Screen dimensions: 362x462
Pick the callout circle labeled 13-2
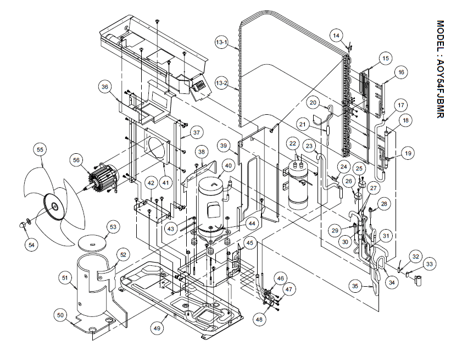pyautogui.click(x=222, y=84)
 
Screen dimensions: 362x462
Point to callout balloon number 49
pyautogui.click(x=158, y=328)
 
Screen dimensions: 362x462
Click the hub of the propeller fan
pyautogui.click(x=54, y=207)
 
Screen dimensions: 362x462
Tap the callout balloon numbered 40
pyautogui.click(x=228, y=166)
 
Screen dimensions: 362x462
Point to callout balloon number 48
pyautogui.click(x=258, y=320)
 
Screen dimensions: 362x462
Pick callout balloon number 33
pyautogui.click(x=429, y=264)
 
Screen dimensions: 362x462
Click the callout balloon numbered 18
pyautogui.click(x=405, y=121)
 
